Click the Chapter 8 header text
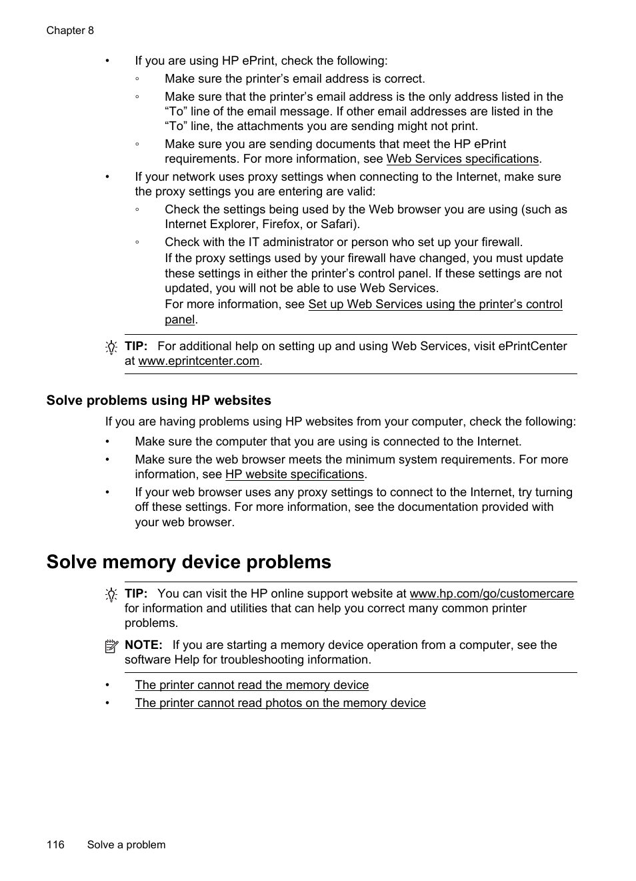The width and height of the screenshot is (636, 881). (x=70, y=31)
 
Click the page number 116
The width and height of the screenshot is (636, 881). (x=55, y=844)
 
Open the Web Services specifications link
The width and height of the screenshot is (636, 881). (x=462, y=159)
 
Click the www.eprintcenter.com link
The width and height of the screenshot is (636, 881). (x=199, y=361)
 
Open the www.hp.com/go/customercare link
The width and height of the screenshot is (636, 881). (x=491, y=594)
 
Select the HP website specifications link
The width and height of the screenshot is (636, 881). (x=295, y=474)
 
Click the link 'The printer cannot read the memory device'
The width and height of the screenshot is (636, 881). (x=251, y=685)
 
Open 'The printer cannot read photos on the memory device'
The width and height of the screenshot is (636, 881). (x=280, y=703)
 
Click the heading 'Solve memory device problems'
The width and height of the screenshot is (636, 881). (x=189, y=562)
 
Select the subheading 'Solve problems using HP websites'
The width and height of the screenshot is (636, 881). (x=159, y=400)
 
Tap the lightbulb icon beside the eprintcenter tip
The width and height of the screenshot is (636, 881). (x=111, y=347)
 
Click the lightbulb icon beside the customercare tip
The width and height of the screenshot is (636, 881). (x=111, y=595)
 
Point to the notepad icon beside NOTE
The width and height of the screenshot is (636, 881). (x=111, y=646)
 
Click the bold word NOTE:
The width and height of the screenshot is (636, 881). (x=143, y=645)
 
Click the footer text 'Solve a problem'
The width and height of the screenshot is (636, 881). (x=126, y=844)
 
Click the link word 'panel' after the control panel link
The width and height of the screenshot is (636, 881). (x=179, y=319)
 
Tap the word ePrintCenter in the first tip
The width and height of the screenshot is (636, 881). (x=531, y=346)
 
